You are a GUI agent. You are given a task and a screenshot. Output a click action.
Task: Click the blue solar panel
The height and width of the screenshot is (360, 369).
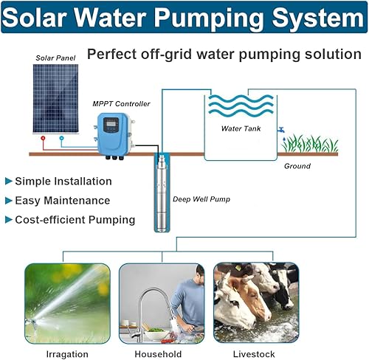(x=55, y=98)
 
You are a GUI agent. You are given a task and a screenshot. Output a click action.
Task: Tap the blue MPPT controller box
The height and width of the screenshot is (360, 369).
(x=112, y=133)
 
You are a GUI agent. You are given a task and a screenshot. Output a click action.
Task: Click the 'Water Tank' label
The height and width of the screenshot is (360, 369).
(x=241, y=128)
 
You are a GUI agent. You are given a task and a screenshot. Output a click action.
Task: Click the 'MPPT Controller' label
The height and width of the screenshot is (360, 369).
(x=121, y=104)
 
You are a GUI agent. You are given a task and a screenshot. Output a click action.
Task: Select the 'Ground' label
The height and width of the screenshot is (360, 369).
(x=297, y=166)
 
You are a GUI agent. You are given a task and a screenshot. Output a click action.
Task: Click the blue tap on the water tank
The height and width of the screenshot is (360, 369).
(x=280, y=131)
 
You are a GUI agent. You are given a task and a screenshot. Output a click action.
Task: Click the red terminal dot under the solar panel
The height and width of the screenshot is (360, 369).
(x=43, y=138)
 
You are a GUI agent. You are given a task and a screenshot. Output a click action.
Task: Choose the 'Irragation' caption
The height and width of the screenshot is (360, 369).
(x=66, y=353)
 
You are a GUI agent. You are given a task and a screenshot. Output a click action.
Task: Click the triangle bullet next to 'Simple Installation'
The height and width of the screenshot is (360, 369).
(x=8, y=181)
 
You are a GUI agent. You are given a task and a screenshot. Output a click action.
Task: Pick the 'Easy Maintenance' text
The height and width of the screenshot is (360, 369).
(x=62, y=200)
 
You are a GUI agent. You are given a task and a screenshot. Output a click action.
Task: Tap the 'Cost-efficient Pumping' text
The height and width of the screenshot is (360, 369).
(x=75, y=219)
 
